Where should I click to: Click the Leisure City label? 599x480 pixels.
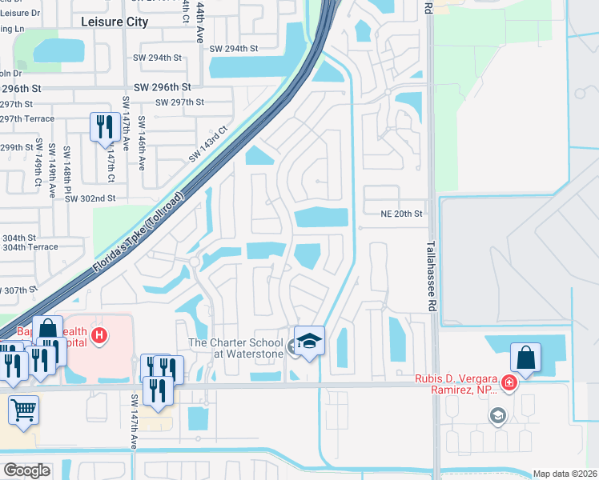click(115, 22)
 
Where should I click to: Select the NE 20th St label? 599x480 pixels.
click(400, 214)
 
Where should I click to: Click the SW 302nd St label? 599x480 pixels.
click(90, 198)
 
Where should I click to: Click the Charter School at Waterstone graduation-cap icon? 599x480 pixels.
click(309, 340)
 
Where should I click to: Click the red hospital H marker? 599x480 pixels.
click(99, 334)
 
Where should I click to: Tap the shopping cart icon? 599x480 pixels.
click(24, 410)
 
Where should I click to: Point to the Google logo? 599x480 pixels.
click(26, 470)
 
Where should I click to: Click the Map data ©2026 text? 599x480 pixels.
click(565, 474)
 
